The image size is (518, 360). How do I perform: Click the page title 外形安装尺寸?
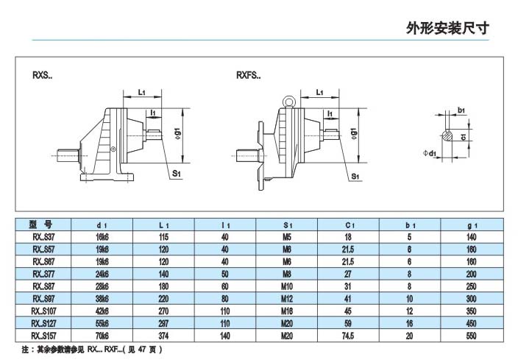point(447,29)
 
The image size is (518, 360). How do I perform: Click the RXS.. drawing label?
point(42,75)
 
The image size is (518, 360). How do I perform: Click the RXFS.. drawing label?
point(248,75)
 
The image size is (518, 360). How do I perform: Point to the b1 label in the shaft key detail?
point(461,110)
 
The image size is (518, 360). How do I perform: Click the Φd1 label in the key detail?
point(432,154)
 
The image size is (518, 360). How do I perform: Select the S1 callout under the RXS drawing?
point(177,173)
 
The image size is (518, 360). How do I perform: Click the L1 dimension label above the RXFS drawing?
point(320,93)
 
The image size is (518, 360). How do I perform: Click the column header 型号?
point(41,225)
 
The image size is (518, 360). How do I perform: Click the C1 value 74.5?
point(349,334)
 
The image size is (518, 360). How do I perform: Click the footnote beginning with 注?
point(88,349)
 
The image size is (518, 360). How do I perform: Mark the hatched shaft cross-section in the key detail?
point(448,135)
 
